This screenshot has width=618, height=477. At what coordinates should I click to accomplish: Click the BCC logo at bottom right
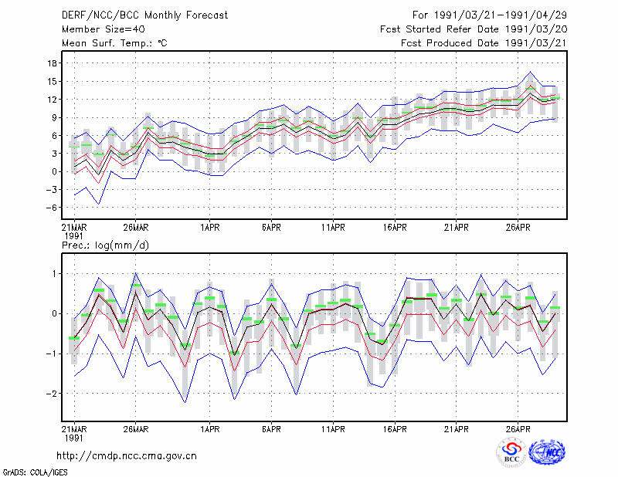[x=511, y=453]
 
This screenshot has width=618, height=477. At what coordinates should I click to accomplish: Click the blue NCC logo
[x=547, y=452]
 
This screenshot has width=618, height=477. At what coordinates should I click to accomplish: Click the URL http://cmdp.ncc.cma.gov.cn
[x=127, y=456]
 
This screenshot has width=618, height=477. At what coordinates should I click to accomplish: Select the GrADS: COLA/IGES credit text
[x=35, y=472]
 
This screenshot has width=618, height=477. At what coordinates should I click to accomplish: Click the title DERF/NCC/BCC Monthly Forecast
[x=144, y=15]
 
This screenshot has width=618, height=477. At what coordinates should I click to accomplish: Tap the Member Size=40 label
[x=104, y=29]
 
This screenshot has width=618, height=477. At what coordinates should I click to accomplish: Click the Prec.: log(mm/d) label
[x=105, y=245]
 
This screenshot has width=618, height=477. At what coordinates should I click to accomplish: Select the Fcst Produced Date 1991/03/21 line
[x=484, y=43]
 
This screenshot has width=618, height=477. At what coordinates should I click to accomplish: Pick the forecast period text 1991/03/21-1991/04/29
[x=501, y=15]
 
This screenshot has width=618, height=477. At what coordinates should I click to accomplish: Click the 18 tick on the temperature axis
[x=53, y=63]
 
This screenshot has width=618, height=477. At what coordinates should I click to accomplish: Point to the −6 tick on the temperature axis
[x=51, y=208]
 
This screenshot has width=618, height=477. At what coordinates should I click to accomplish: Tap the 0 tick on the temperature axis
[x=54, y=172]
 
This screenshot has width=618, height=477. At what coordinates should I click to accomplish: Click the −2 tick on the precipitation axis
[x=51, y=394]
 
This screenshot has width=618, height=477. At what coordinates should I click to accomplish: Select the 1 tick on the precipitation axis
[x=55, y=274]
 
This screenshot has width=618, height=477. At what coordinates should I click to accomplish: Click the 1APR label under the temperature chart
[x=209, y=228]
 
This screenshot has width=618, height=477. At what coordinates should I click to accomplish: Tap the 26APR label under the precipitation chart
[x=518, y=429]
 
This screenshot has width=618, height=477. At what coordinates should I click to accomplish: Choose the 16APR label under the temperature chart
[x=395, y=228]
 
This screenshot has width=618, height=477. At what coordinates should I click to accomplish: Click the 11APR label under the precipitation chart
[x=333, y=429]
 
